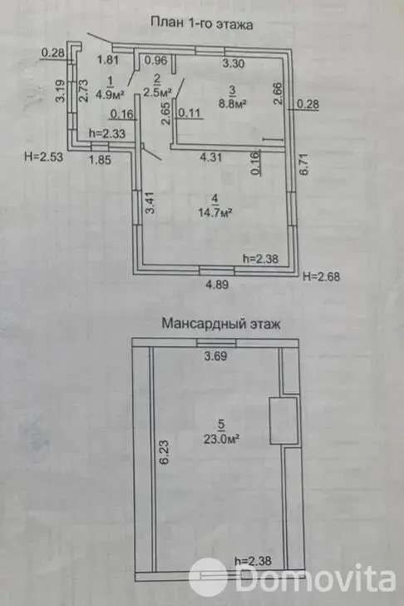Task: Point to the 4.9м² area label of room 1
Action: click(109, 93)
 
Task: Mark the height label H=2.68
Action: click(323, 276)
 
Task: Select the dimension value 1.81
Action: click(106, 60)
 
